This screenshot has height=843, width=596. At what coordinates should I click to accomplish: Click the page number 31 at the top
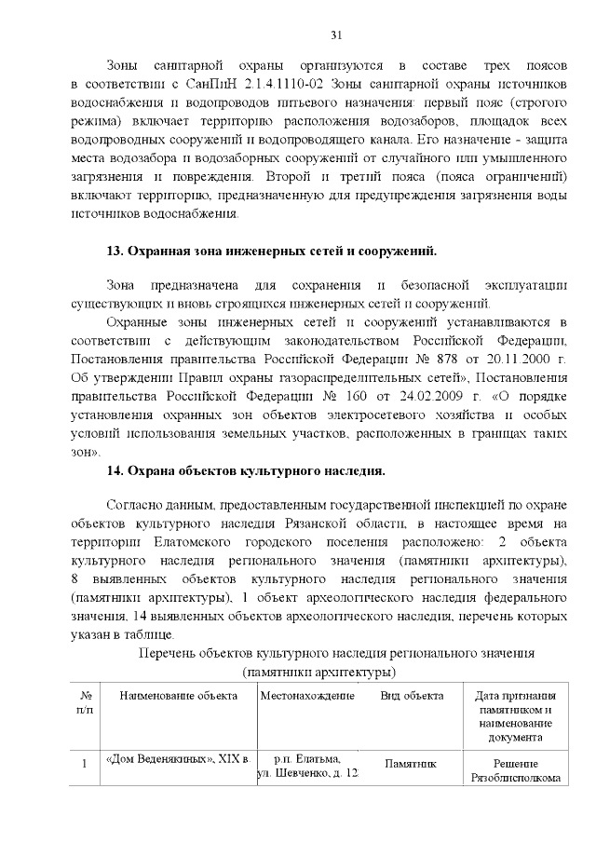click(337, 34)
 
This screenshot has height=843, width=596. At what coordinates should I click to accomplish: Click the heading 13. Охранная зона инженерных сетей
click(272, 252)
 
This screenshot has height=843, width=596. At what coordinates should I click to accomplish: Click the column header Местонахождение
click(307, 696)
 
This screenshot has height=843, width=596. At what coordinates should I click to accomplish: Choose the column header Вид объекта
click(411, 696)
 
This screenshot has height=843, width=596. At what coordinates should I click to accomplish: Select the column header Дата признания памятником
click(515, 715)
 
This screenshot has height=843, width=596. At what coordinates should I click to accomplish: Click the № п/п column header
click(86, 702)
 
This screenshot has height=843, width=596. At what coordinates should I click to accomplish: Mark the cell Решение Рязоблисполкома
click(515, 768)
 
